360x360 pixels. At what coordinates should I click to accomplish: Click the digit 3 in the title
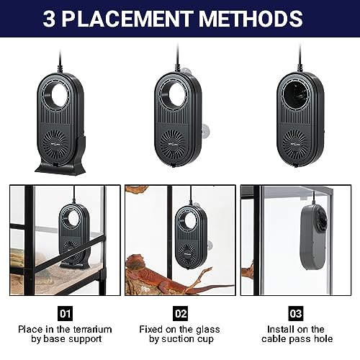49,19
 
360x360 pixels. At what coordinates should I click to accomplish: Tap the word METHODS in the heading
251,19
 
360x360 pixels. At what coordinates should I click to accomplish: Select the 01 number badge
65,313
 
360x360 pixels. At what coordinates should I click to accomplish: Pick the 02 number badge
181,313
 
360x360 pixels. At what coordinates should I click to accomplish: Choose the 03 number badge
296,313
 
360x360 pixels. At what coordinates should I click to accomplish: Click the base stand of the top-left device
61,161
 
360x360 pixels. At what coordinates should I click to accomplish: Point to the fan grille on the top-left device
54,143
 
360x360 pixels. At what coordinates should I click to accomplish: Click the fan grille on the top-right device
295,143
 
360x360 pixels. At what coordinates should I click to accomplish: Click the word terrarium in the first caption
93,329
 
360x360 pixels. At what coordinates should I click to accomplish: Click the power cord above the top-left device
60,61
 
